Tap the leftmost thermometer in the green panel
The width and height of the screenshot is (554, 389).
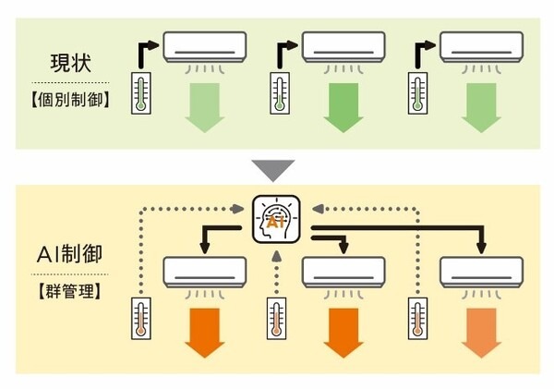coord(141,93)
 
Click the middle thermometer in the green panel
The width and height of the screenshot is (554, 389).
coord(280,93)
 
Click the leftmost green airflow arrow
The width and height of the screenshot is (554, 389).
coord(206,109)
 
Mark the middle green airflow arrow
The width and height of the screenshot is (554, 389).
coord(343,109)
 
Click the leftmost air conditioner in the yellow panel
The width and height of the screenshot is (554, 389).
coord(206,272)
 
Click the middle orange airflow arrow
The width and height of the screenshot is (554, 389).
coord(343,334)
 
